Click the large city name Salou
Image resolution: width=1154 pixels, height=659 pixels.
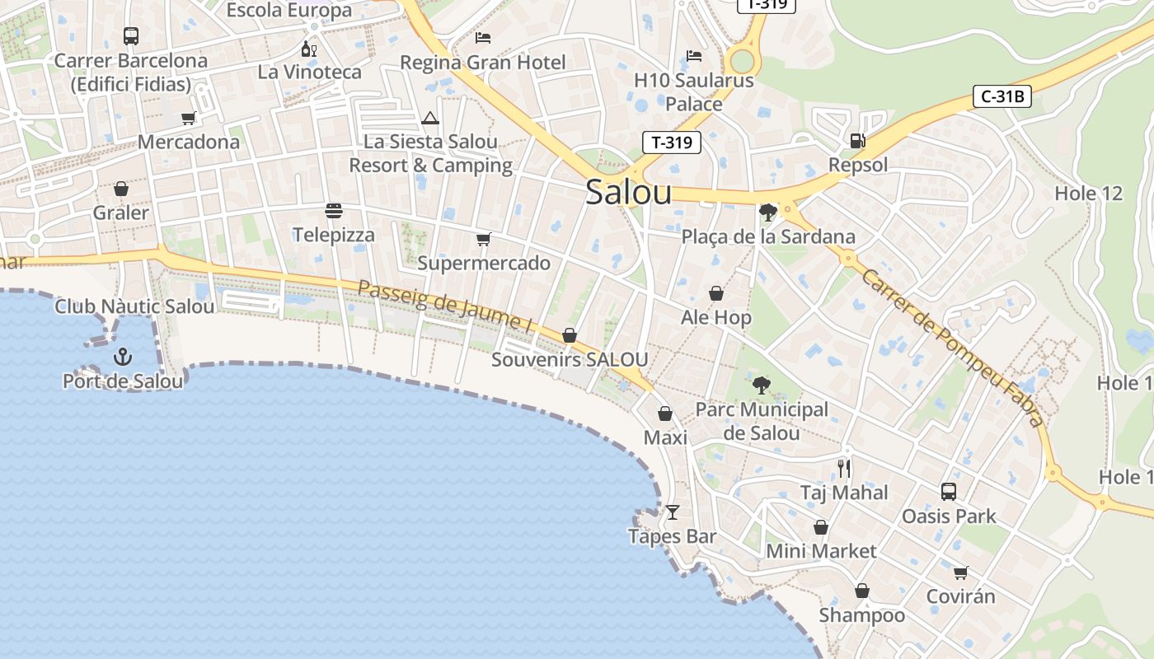tap(628, 192)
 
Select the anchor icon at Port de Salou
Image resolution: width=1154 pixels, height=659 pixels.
tap(122, 357)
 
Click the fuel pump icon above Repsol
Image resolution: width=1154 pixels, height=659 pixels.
tap(857, 141)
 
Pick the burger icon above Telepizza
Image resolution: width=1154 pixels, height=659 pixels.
tap(334, 211)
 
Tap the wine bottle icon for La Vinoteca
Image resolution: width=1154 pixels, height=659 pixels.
tap(309, 49)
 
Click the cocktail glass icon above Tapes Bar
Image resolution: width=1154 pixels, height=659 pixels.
tap(673, 512)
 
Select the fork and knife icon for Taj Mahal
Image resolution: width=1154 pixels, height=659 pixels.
tap(844, 468)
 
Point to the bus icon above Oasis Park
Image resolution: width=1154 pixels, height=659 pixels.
tap(949, 492)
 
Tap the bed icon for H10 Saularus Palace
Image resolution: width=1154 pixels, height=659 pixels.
tap(694, 56)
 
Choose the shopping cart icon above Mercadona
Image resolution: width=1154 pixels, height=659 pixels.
tap(189, 118)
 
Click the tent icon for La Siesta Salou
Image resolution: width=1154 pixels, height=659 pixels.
tap(430, 118)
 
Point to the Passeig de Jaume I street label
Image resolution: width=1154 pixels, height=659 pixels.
tap(445, 306)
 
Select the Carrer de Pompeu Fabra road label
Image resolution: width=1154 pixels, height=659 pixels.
tap(952, 346)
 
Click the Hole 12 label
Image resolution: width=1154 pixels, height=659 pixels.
tap(1088, 194)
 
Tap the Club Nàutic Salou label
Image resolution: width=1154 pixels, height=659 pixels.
tap(134, 306)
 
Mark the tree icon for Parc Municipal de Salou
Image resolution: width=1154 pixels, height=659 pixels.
tap(762, 385)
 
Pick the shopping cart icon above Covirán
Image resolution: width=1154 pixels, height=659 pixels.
tap(960, 573)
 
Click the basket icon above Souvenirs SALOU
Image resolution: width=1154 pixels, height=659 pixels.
tap(569, 335)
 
